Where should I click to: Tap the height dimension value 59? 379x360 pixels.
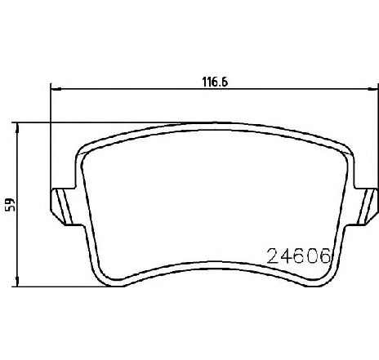point(10,204)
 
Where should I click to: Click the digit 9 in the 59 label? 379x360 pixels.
point(10,200)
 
